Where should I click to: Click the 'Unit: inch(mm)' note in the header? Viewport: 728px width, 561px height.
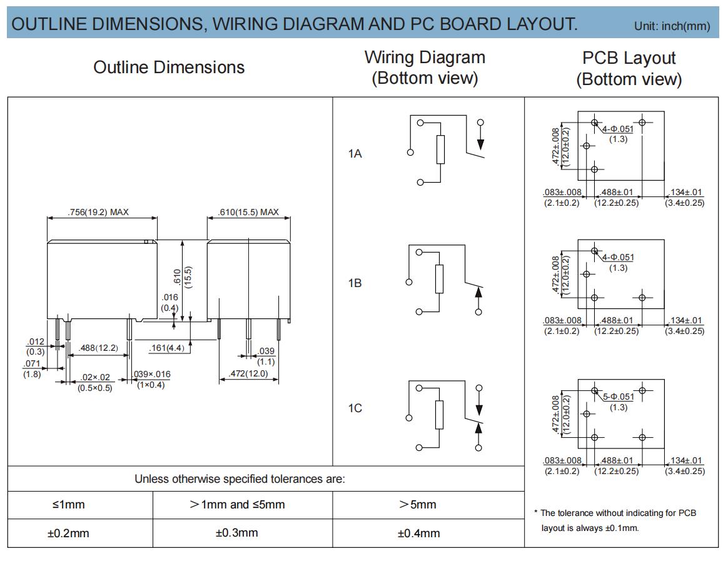672,26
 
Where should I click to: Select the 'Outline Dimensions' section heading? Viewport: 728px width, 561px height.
169,68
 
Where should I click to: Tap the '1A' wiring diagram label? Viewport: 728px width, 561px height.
355,153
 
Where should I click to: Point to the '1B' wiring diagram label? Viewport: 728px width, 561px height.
355,283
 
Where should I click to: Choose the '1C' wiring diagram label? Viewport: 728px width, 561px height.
355,408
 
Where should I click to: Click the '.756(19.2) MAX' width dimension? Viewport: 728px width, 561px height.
98,212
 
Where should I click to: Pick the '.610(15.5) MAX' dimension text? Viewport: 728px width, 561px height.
248,212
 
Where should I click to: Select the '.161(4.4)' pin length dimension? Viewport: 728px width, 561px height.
167,348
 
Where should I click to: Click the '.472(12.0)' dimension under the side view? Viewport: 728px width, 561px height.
248,374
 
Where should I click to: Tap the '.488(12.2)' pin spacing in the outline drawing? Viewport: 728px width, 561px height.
98,348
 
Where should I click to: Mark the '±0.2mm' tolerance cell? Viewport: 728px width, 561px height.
68,533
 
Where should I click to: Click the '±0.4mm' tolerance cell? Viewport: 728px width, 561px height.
419,533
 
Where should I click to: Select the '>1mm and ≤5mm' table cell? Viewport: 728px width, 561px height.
237,504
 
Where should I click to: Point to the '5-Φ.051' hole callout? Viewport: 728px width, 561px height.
618,397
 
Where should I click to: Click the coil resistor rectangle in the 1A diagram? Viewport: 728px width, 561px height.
440,149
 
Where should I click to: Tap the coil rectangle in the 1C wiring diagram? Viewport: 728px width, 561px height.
439,415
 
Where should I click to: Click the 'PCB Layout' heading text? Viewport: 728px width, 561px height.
629,58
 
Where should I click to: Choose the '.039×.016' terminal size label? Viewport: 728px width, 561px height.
152,374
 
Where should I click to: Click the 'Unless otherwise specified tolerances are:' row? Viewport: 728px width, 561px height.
240,479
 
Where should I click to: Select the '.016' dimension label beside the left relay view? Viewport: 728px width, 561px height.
170,297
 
